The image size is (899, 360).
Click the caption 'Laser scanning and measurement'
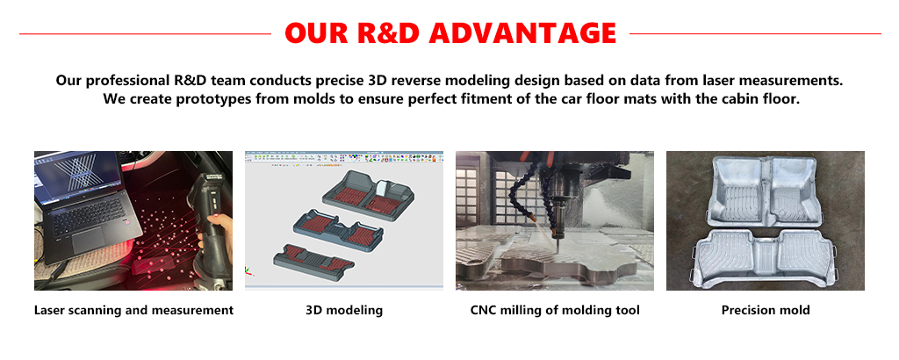(133, 311)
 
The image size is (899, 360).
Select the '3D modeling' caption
(344, 311)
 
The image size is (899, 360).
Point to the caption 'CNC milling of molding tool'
(555, 311)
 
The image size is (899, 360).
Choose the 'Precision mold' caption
(766, 311)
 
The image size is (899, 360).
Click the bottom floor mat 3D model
(313, 262)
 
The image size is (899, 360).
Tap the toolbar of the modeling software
(344, 157)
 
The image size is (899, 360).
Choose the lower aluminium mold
(763, 257)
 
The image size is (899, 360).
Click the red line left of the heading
(145, 34)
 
